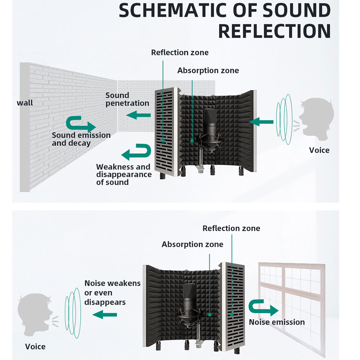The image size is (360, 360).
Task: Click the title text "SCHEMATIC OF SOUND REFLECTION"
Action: point(225,21)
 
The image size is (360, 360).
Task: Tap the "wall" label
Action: point(25,103)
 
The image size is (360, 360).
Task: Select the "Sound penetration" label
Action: point(127,99)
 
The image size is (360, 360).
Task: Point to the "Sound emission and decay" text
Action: point(81,139)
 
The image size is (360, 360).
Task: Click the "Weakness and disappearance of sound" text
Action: point(123,174)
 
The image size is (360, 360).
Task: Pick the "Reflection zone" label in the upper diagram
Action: point(180,53)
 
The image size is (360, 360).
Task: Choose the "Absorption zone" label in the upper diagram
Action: point(208,71)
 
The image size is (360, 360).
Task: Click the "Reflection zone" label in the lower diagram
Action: point(231,228)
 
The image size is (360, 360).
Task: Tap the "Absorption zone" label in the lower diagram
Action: point(192,244)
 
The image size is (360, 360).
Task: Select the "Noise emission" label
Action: point(277,322)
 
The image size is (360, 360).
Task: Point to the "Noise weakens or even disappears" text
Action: point(112,293)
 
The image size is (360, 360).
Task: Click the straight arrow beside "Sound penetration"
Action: point(138,116)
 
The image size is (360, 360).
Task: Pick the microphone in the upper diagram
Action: point(210,126)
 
